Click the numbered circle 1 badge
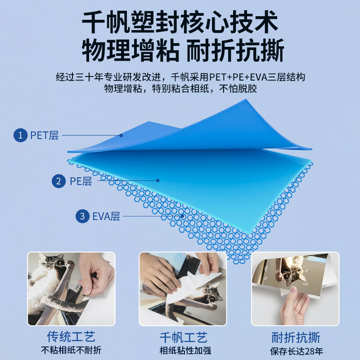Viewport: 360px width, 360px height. (x=20, y=135)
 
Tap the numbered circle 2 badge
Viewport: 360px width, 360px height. (x=58, y=181)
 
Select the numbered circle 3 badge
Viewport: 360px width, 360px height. (x=82, y=216)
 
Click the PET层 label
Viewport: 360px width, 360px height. (x=45, y=135)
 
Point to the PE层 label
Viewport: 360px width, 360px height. (x=81, y=181)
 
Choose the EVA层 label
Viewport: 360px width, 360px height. (x=106, y=216)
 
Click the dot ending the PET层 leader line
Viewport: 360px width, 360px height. (x=121, y=135)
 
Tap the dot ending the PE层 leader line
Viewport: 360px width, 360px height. (x=158, y=181)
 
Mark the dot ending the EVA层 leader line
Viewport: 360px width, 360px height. (x=182, y=216)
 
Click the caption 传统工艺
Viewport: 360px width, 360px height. (x=71, y=337)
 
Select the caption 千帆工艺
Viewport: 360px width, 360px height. (x=184, y=337)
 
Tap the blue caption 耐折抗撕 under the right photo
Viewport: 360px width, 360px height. (x=296, y=337)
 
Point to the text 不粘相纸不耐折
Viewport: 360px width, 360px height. (x=71, y=351)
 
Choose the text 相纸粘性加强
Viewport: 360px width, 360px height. (x=185, y=351)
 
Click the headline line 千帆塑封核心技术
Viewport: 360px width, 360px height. (x=180, y=22)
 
